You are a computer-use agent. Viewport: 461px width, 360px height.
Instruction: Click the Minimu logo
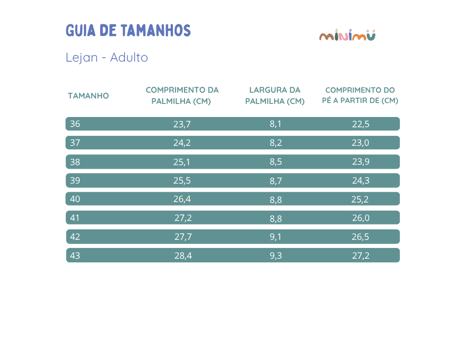[347, 35]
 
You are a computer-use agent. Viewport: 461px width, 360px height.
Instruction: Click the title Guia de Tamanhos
[128, 31]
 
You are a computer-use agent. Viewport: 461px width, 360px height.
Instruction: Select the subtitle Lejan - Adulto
[107, 58]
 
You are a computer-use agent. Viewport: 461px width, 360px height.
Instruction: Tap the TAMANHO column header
[88, 96]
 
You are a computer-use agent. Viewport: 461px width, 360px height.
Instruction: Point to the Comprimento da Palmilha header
[182, 95]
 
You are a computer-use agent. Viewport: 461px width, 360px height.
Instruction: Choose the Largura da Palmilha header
[275, 95]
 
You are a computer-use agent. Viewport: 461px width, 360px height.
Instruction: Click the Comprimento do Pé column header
[360, 95]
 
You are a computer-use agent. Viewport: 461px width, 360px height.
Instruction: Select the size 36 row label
[75, 124]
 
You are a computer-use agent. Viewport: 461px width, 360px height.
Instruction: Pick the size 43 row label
[75, 256]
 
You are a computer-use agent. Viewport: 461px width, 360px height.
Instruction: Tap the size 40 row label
[75, 199]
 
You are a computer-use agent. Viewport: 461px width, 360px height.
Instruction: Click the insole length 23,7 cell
[182, 124]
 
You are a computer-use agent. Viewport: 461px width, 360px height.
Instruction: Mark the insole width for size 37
[276, 143]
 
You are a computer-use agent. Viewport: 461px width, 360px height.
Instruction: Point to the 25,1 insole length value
[182, 162]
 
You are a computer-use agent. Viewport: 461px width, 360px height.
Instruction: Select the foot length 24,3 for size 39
[361, 180]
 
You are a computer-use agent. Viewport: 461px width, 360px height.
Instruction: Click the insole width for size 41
[276, 219]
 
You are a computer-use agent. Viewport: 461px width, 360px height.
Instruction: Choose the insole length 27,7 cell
[183, 237]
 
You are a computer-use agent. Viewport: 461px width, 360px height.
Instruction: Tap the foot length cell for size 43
[361, 256]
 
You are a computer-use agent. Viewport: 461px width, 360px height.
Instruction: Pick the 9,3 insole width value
[276, 256]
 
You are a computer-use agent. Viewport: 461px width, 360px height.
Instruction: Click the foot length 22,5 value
[361, 124]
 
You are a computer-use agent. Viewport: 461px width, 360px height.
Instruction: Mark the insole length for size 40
[182, 199]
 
